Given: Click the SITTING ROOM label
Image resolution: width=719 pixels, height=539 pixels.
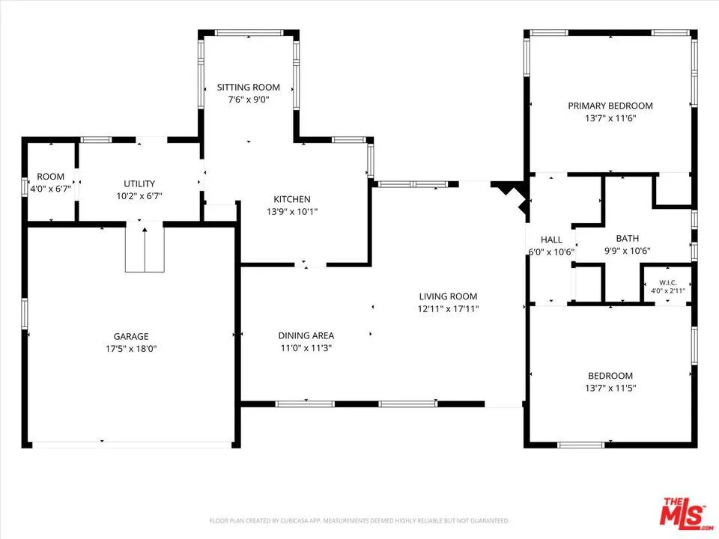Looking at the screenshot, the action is click(x=248, y=87).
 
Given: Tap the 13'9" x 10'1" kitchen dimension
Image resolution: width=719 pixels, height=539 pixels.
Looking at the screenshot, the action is click(x=292, y=212).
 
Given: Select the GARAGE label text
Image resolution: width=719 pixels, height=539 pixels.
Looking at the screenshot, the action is click(x=131, y=336).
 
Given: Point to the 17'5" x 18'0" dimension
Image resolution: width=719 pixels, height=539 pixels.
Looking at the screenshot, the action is click(x=131, y=349).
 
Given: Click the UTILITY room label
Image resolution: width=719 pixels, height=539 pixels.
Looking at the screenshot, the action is click(x=139, y=184).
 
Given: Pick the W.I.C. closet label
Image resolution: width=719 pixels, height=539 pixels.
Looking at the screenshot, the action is click(x=668, y=283).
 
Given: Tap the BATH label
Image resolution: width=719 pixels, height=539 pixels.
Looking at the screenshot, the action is click(x=628, y=238).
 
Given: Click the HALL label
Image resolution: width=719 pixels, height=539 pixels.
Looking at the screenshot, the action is click(x=551, y=240).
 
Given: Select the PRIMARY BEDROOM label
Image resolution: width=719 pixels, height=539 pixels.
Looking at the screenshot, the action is click(x=610, y=106).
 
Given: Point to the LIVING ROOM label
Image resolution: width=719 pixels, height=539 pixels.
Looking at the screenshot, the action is click(x=448, y=296).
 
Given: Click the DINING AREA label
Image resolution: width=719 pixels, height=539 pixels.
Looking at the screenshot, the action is click(x=306, y=335).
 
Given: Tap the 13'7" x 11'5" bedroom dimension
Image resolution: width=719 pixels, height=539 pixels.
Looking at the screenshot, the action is click(x=610, y=389).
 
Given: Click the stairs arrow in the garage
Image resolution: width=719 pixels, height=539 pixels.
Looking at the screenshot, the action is click(x=145, y=249).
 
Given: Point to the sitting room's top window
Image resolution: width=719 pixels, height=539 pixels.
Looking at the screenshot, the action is click(x=249, y=33).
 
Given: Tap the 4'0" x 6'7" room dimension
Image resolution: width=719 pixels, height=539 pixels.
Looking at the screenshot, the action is click(x=50, y=189).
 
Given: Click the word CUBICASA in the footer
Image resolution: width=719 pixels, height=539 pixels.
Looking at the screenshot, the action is click(x=295, y=521).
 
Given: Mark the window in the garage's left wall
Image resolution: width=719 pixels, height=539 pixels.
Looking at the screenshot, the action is click(x=25, y=314).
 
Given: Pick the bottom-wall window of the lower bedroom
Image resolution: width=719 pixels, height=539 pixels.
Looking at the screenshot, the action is click(x=581, y=445).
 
